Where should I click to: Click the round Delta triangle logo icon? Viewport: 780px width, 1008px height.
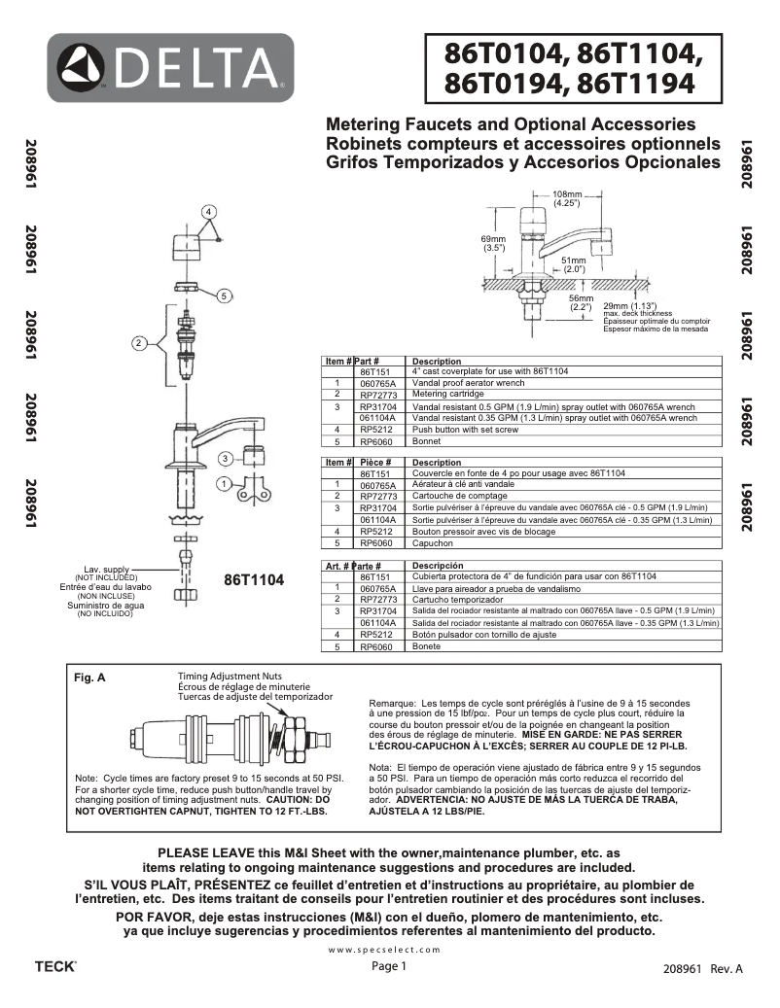[88, 68]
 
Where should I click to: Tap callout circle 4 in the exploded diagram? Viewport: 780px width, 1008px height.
[208, 211]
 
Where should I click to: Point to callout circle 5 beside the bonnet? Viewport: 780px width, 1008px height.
[224, 295]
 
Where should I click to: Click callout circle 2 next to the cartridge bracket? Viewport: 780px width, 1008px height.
[139, 342]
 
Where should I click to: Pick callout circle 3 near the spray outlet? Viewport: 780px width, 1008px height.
[224, 458]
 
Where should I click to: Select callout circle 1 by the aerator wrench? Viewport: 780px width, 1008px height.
[224, 483]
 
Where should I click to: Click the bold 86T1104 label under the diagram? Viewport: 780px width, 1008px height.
[254, 580]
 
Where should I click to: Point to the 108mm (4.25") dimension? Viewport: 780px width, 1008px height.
[567, 199]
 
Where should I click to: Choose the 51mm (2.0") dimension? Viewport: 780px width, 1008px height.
[574, 264]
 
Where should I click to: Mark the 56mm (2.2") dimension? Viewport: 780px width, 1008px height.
[581, 303]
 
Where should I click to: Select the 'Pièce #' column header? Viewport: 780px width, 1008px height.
[373, 463]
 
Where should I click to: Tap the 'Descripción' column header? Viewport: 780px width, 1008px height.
[438, 566]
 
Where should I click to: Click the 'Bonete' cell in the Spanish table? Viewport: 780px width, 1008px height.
[426, 645]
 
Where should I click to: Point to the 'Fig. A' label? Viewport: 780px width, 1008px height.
[90, 678]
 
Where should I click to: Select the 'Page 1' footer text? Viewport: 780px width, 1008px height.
[389, 966]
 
